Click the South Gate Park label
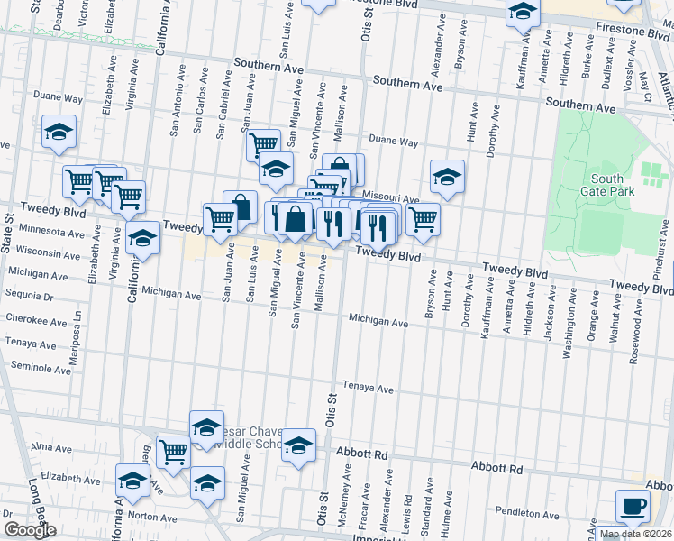(x=614, y=185)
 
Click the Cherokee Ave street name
(x=35, y=320)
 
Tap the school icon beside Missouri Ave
(x=446, y=177)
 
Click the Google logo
(x=30, y=530)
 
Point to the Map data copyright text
(x=634, y=534)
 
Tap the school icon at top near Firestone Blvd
(x=522, y=14)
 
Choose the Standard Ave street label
(x=429, y=514)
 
